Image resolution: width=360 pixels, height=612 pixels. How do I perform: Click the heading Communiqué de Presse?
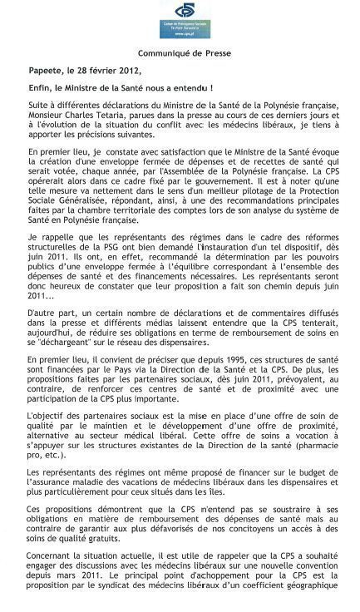point(180,52)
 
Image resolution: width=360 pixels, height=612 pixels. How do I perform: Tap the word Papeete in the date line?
point(46,69)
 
